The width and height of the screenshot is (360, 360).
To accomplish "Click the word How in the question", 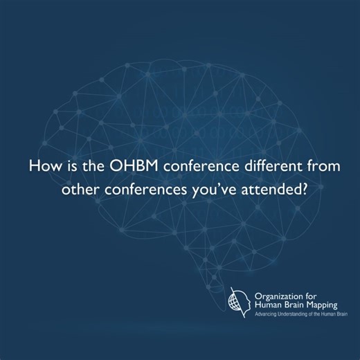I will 44,168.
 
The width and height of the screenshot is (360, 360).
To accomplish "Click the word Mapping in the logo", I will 328,303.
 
